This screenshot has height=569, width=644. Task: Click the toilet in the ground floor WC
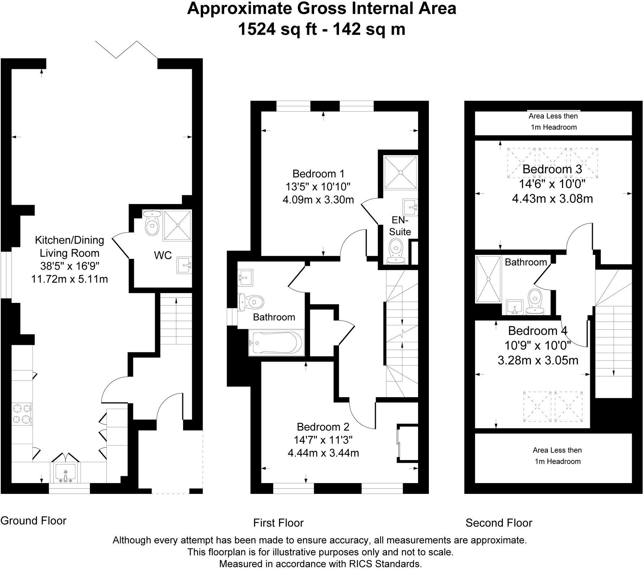pyautogui.click(x=152, y=223)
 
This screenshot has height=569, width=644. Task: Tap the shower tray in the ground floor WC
pyautogui.click(x=177, y=225)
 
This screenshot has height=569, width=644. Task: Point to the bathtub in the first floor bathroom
pyautogui.click(x=277, y=342)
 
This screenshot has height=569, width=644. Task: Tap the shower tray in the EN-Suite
pyautogui.click(x=400, y=172)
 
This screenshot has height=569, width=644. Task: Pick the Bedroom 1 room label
pyautogui.click(x=318, y=174)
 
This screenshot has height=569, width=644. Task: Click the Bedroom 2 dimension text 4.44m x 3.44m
pyautogui.click(x=323, y=453)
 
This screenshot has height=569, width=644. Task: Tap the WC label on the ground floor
pyautogui.click(x=163, y=255)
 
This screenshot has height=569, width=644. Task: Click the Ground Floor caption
pyautogui.click(x=34, y=520)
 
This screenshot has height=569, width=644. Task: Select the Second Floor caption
pyautogui.click(x=499, y=522)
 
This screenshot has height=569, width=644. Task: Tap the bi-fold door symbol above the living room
pyautogui.click(x=126, y=50)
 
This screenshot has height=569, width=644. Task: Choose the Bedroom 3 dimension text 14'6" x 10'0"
pyautogui.click(x=552, y=184)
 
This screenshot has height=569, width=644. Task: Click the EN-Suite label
pyautogui.click(x=400, y=226)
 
